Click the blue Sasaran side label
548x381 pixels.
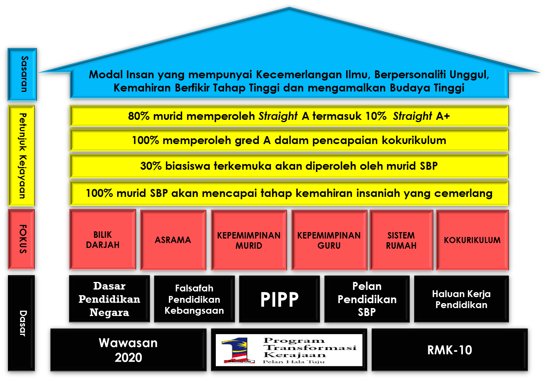pos(23,74)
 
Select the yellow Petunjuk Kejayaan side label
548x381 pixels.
pos(22,156)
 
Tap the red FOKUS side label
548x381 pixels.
pos(22,239)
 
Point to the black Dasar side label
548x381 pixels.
pos(23,323)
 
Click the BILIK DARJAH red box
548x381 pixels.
pos(102,240)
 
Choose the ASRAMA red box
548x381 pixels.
pos(173,240)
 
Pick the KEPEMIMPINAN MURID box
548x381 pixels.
pos(249,240)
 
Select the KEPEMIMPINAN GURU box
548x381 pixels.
pos(329,240)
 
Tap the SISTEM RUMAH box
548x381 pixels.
pos(401,240)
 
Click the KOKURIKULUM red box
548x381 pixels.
pos(472,240)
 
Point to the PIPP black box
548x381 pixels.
pos(279,300)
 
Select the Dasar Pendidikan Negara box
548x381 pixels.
pos(109,299)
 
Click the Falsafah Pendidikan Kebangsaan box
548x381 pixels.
pos(194,299)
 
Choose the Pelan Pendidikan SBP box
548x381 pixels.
pos(367,299)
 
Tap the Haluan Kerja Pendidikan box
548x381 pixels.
pos(461,299)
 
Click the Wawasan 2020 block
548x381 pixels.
pos(128,350)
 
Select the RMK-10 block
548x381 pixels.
pos(449,350)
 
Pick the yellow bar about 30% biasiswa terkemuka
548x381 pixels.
pos(289,166)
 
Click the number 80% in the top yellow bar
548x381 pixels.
pos(139,116)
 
